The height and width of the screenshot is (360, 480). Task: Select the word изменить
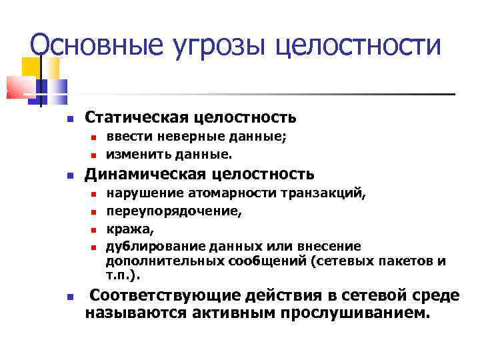click(133, 154)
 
